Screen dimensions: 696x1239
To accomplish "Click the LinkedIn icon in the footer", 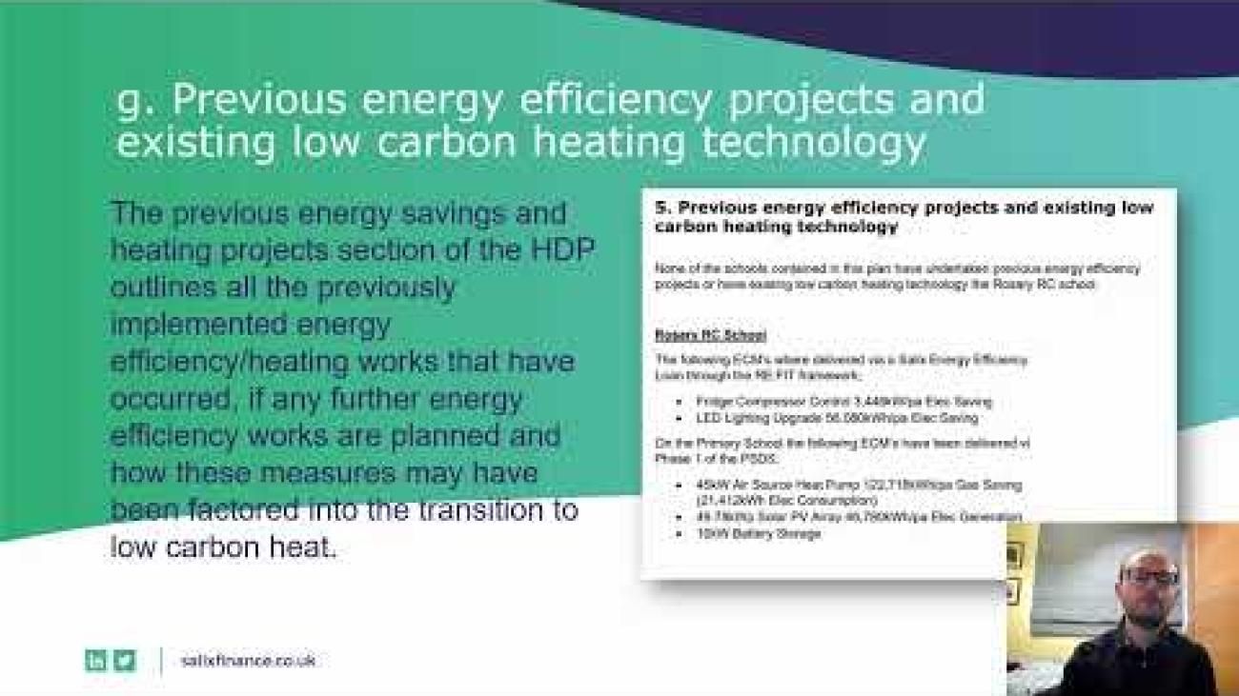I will click(x=95, y=660).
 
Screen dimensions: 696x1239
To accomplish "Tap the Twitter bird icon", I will click(x=125, y=660).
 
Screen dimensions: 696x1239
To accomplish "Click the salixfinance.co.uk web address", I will click(x=247, y=660).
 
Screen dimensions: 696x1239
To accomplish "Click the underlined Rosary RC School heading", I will click(x=710, y=335).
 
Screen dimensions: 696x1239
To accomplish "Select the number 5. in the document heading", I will click(x=663, y=208).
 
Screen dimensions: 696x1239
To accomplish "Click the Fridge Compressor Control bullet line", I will click(x=843, y=402).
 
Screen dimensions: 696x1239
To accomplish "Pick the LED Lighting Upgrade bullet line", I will click(x=837, y=417).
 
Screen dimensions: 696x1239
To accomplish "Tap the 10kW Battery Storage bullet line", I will click(x=758, y=534).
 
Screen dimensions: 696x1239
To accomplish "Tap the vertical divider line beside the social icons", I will click(x=160, y=660).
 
